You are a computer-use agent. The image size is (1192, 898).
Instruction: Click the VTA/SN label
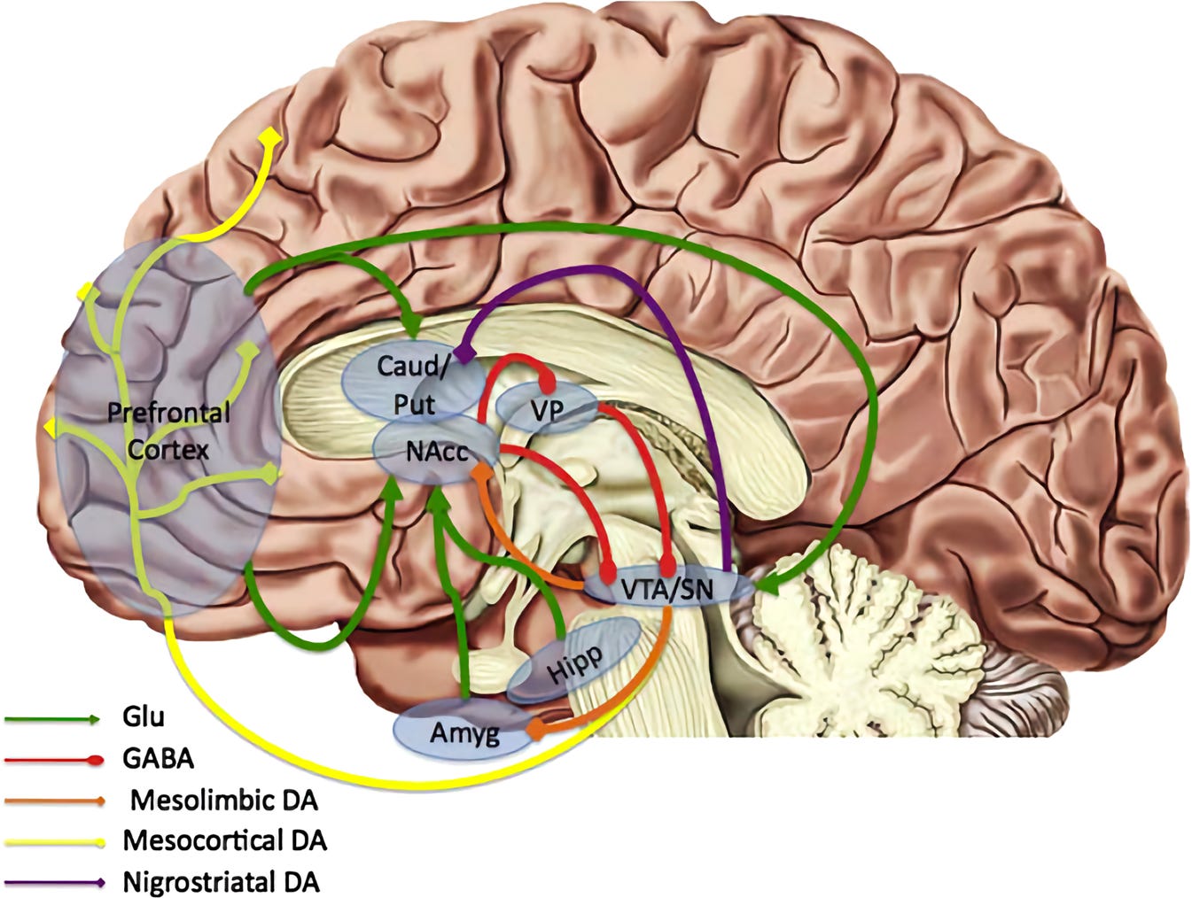pos(667,589)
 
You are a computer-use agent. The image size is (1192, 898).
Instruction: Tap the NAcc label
pos(438,453)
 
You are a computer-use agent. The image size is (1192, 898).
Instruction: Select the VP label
pos(547,412)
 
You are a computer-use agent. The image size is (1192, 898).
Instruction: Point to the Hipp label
pos(574,665)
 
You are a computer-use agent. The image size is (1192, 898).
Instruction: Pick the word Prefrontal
pos(168,414)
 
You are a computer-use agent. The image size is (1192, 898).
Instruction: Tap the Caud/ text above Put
pos(411,367)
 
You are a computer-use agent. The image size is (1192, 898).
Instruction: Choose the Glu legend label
pos(144,716)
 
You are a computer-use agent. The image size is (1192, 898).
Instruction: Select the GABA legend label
pos(159,759)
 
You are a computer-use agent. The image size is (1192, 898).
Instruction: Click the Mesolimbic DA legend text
pos(224,801)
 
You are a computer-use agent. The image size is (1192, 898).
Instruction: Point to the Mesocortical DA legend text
pos(225,841)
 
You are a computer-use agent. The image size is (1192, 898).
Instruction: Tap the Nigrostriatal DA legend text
pos(221,883)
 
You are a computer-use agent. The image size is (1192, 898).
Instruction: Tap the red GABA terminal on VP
pos(548,386)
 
